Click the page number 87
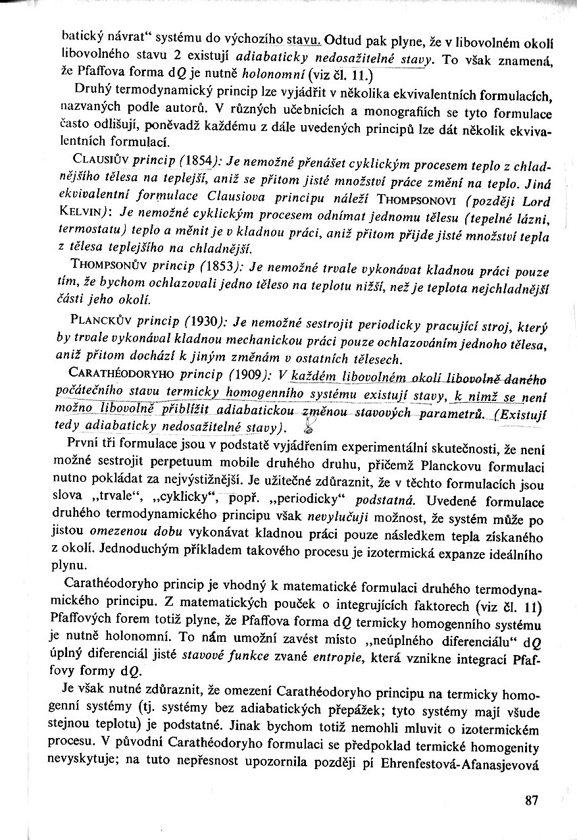[532, 801]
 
